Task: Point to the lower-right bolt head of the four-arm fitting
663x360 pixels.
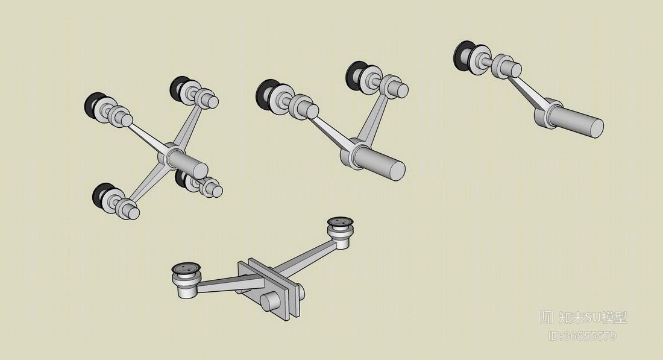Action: pyautogui.click(x=216, y=191)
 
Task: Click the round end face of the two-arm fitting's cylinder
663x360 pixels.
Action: pyautogui.click(x=397, y=170)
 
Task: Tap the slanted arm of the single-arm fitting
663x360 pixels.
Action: pyautogui.click(x=527, y=92)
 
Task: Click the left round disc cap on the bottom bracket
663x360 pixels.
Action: pyautogui.click(x=186, y=268)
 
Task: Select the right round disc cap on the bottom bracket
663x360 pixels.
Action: pyautogui.click(x=341, y=222)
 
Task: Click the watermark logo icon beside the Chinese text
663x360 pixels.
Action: pyautogui.click(x=546, y=317)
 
